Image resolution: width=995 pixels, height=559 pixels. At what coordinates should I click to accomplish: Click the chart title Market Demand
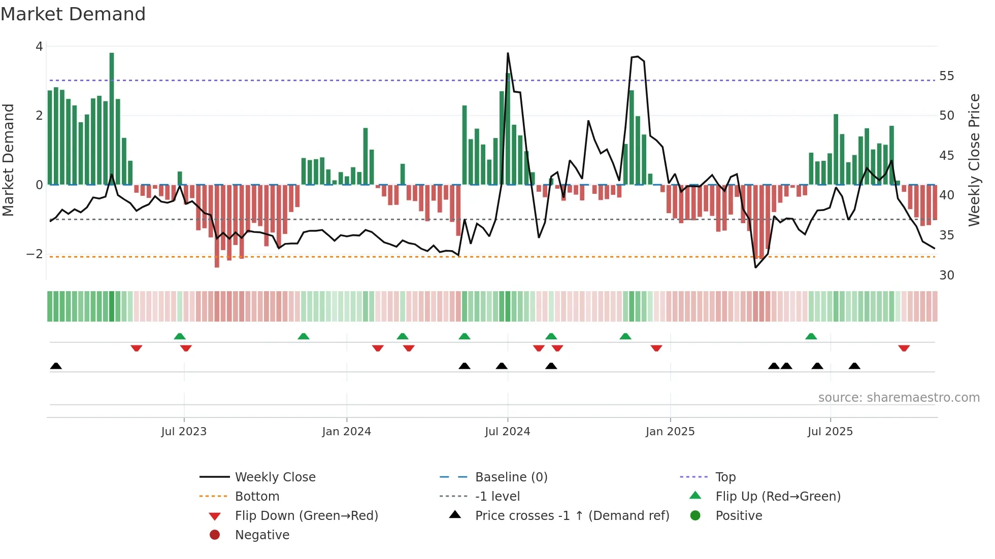point(73,14)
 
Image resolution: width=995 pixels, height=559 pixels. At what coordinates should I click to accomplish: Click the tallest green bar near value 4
point(112,117)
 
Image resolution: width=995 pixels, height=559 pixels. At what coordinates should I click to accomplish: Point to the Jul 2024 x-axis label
point(507,432)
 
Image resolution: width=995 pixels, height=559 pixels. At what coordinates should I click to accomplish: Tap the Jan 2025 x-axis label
point(670,432)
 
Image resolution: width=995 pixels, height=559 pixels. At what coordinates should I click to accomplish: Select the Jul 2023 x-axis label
point(184,432)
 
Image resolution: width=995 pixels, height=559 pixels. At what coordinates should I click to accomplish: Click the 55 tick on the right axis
point(946,76)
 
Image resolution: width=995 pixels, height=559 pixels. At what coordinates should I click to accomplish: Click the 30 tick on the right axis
point(946,275)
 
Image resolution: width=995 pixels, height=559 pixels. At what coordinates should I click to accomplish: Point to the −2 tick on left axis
point(35,254)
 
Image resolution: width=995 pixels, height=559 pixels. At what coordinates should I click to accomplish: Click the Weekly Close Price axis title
point(974,160)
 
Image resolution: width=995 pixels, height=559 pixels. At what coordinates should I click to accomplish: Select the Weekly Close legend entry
point(275,477)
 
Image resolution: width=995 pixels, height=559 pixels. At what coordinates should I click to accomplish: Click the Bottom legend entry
point(257,497)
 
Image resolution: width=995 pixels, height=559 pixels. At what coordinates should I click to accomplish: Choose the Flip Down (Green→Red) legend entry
point(306,516)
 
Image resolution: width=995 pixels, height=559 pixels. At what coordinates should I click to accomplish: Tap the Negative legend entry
point(262,535)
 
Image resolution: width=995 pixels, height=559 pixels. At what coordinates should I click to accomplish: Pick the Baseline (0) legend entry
point(511,477)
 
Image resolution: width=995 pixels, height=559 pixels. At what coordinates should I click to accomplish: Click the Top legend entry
point(725,477)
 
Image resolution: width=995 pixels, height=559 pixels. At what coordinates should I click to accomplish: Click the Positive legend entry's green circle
point(695,516)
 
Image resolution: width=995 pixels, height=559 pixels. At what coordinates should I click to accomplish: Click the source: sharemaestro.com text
point(899,398)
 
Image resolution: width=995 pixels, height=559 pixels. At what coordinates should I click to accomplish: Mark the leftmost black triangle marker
point(56,366)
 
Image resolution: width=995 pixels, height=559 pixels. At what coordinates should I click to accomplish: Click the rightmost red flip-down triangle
point(904,348)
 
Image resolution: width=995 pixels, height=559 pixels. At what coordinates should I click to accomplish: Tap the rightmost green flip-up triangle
point(811,336)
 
